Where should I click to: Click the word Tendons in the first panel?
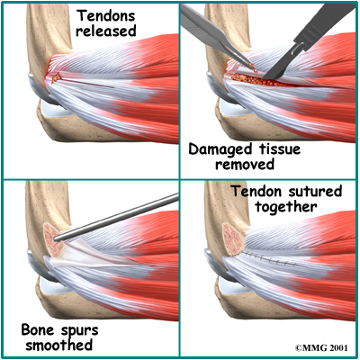[106, 15]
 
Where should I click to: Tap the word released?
[105, 31]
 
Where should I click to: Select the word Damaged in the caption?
[221, 150]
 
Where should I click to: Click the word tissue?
[279, 148]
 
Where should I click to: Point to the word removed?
[245, 164]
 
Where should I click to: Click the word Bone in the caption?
[39, 330]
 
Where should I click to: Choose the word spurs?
[79, 331]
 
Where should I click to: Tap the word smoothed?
[58, 345]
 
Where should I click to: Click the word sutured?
[314, 191]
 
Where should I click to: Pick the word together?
[286, 207]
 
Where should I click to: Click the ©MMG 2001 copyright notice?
[321, 347]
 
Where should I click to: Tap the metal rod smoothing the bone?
[116, 217]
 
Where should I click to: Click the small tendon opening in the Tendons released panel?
[56, 78]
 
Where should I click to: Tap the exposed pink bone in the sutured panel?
[233, 239]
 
